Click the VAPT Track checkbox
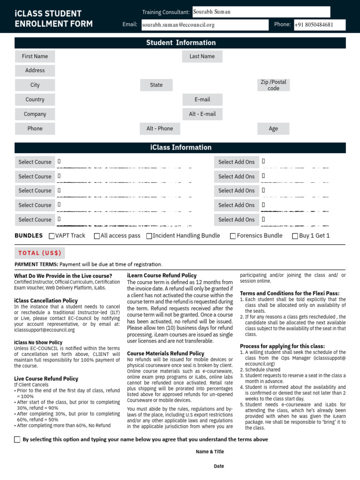pos(52,236)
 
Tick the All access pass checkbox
pos(97,236)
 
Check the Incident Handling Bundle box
pos(149,236)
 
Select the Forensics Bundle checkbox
pos(233,236)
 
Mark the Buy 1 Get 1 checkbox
pos(295,236)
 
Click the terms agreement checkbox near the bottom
pos(17,440)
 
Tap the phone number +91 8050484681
pos(319,25)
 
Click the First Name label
pos(35,57)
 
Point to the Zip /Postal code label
pos(273,85)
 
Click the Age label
pos(273,129)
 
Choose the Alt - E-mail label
pos(202,114)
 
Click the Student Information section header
pos(180,43)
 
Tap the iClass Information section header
pos(180,148)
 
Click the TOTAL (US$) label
pos(40,253)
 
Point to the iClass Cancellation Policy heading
pos(46,300)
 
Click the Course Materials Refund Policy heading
pos(165,353)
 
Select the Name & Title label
pos(210,452)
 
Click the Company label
pos(35,114)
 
